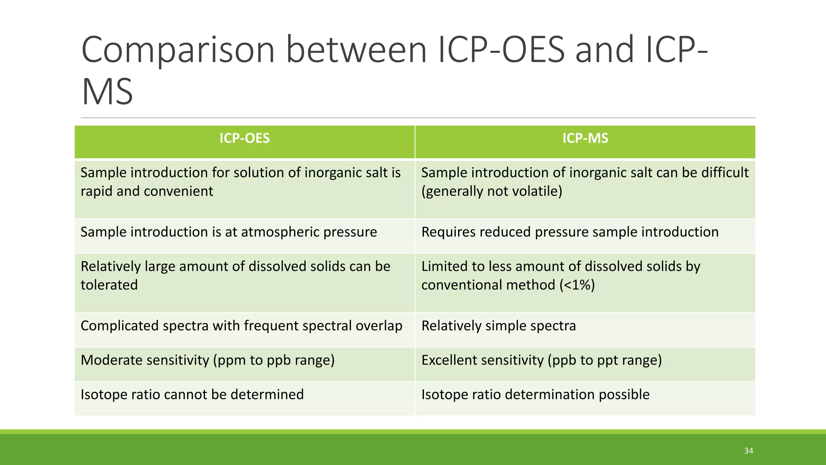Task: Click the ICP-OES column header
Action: tap(244, 138)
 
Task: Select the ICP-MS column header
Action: tap(585, 138)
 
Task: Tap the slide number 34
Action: tap(749, 451)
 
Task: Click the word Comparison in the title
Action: tap(178, 50)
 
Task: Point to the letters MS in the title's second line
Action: tap(107, 92)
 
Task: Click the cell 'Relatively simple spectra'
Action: tap(499, 326)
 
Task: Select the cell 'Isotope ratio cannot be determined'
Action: tap(192, 394)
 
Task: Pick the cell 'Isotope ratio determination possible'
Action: tap(535, 394)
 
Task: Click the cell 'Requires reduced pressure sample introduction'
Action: tap(569, 232)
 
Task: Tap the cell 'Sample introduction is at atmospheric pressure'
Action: tap(229, 232)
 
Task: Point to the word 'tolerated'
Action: tap(109, 285)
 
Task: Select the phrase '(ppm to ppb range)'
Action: tap(274, 360)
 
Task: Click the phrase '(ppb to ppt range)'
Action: tap(605, 360)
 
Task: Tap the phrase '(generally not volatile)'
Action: tap(492, 191)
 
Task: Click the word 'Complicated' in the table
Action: tap(119, 326)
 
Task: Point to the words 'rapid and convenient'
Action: tap(146, 191)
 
